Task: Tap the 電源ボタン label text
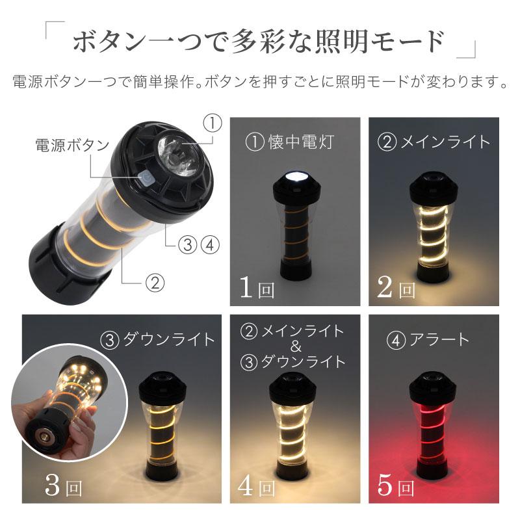click(x=71, y=145)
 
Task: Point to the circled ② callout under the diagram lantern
click(x=153, y=283)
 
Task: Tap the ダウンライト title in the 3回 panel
click(x=158, y=339)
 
